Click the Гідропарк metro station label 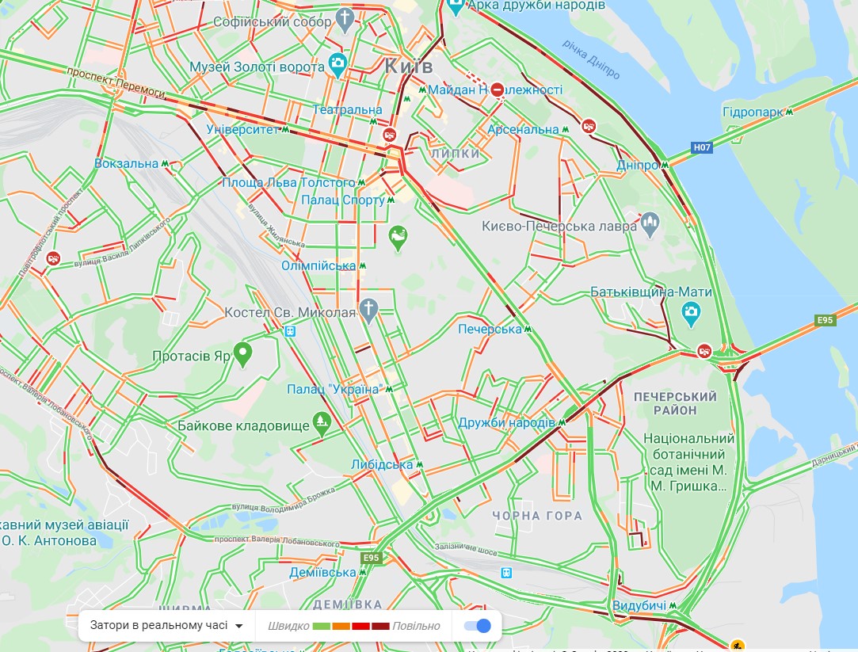(x=752, y=112)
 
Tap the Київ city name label (x=408, y=66)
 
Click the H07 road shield (x=701, y=147)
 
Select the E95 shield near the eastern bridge (x=826, y=320)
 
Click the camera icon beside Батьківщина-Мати (x=691, y=315)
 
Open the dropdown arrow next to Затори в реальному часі (x=239, y=626)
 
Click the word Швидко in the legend (x=288, y=626)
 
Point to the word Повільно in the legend (x=416, y=626)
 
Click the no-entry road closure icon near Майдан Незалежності (x=497, y=90)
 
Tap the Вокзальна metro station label (x=127, y=164)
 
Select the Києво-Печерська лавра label (x=559, y=227)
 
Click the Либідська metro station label (x=382, y=464)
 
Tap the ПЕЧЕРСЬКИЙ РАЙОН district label (x=676, y=402)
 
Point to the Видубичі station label (x=639, y=606)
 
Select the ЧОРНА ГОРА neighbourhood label (x=537, y=516)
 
